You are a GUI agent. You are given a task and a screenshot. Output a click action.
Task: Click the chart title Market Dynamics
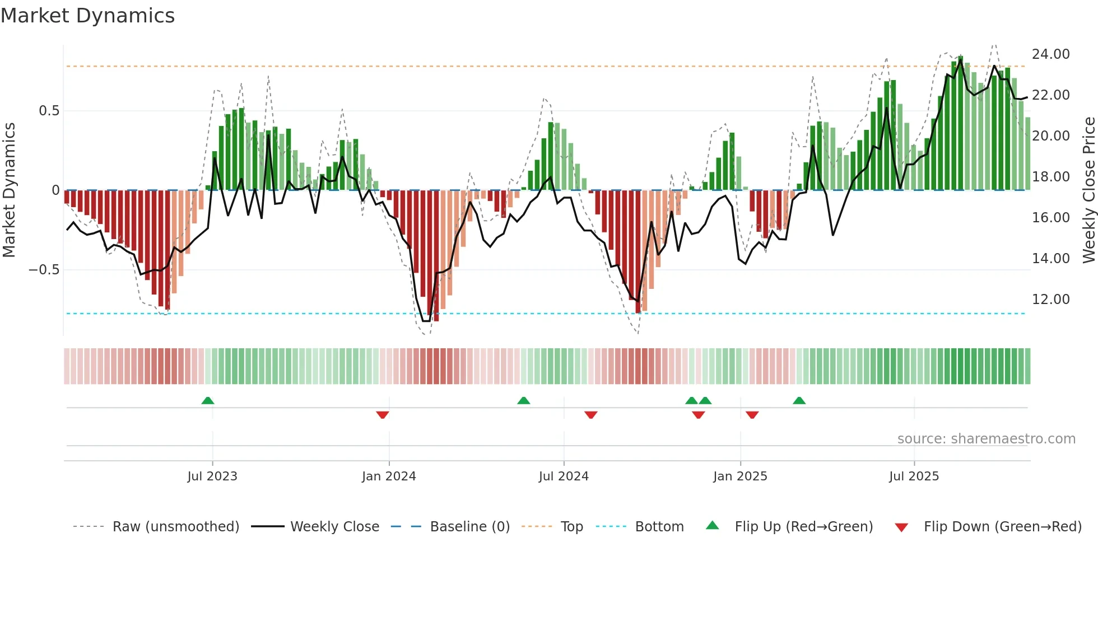tap(87, 16)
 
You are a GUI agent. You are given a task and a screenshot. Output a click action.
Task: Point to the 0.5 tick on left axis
tap(49, 111)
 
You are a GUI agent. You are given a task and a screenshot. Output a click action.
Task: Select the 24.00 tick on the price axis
tap(1050, 54)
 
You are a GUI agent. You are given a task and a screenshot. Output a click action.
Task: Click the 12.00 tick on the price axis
tap(1050, 300)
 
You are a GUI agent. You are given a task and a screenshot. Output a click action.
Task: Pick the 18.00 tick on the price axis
tap(1050, 177)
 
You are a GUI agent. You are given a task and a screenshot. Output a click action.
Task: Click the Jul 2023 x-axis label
tap(212, 476)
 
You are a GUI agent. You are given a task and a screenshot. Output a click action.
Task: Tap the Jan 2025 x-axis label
tap(740, 476)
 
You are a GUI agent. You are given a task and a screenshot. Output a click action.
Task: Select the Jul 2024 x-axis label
tap(564, 476)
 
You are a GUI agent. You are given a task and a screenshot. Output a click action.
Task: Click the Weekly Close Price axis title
tap(1088, 190)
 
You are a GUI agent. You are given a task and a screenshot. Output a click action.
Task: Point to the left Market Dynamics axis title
tap(9, 190)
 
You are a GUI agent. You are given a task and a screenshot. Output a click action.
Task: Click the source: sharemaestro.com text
tap(986, 439)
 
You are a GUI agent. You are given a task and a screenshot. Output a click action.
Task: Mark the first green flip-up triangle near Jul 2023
tap(208, 400)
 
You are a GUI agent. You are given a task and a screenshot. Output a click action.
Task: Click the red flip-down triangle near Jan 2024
tap(383, 415)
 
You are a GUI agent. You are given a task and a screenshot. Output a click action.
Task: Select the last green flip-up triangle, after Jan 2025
tap(799, 400)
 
